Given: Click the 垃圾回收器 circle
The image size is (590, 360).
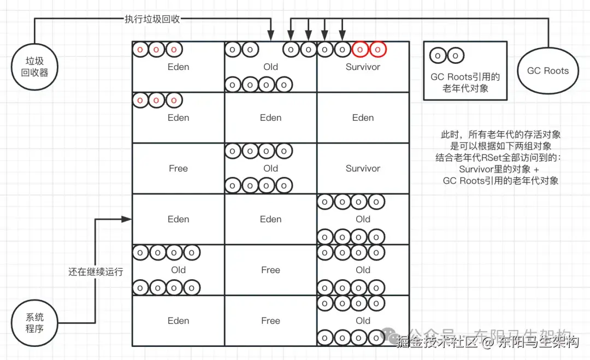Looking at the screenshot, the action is (x=34, y=67).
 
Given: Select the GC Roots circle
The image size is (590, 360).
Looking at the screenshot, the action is (x=547, y=70).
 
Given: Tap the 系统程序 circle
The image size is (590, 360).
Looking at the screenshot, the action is (x=34, y=323).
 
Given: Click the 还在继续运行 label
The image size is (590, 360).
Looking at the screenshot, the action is (x=96, y=272).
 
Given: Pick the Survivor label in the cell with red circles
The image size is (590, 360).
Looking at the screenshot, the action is (x=363, y=67).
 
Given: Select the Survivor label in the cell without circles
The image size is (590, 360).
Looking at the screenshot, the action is (x=363, y=168).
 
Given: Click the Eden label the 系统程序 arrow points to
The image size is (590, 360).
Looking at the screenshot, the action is (x=178, y=219).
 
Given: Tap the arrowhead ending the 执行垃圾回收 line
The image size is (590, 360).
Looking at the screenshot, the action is (x=271, y=37).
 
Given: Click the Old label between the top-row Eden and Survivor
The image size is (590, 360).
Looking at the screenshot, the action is (x=270, y=67).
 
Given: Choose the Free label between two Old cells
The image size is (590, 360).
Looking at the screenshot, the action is (x=270, y=270).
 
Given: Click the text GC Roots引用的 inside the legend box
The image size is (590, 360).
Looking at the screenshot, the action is (x=465, y=77).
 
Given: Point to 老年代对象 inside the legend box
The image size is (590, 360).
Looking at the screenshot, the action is (x=465, y=88).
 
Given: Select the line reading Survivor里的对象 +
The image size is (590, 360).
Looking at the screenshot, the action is (x=499, y=169).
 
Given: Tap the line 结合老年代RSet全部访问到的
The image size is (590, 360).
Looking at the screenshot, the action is (x=499, y=158).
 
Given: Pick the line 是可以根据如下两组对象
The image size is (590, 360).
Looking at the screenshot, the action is (x=500, y=146).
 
